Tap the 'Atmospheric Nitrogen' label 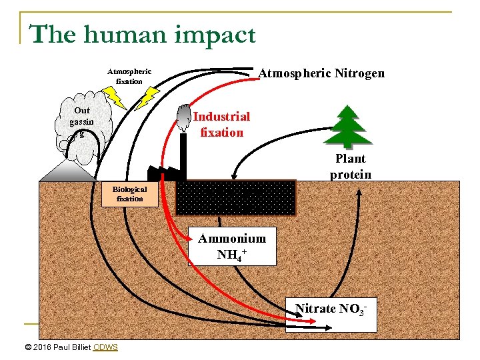tap(321, 73)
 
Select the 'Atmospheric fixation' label tap(129, 76)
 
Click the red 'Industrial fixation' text tap(221, 124)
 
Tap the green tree tap(349, 127)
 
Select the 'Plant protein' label tap(351, 167)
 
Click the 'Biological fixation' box tap(129, 194)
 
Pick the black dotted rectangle tap(235, 197)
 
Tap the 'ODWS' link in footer tap(105, 347)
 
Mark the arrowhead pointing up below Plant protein tap(358, 189)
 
